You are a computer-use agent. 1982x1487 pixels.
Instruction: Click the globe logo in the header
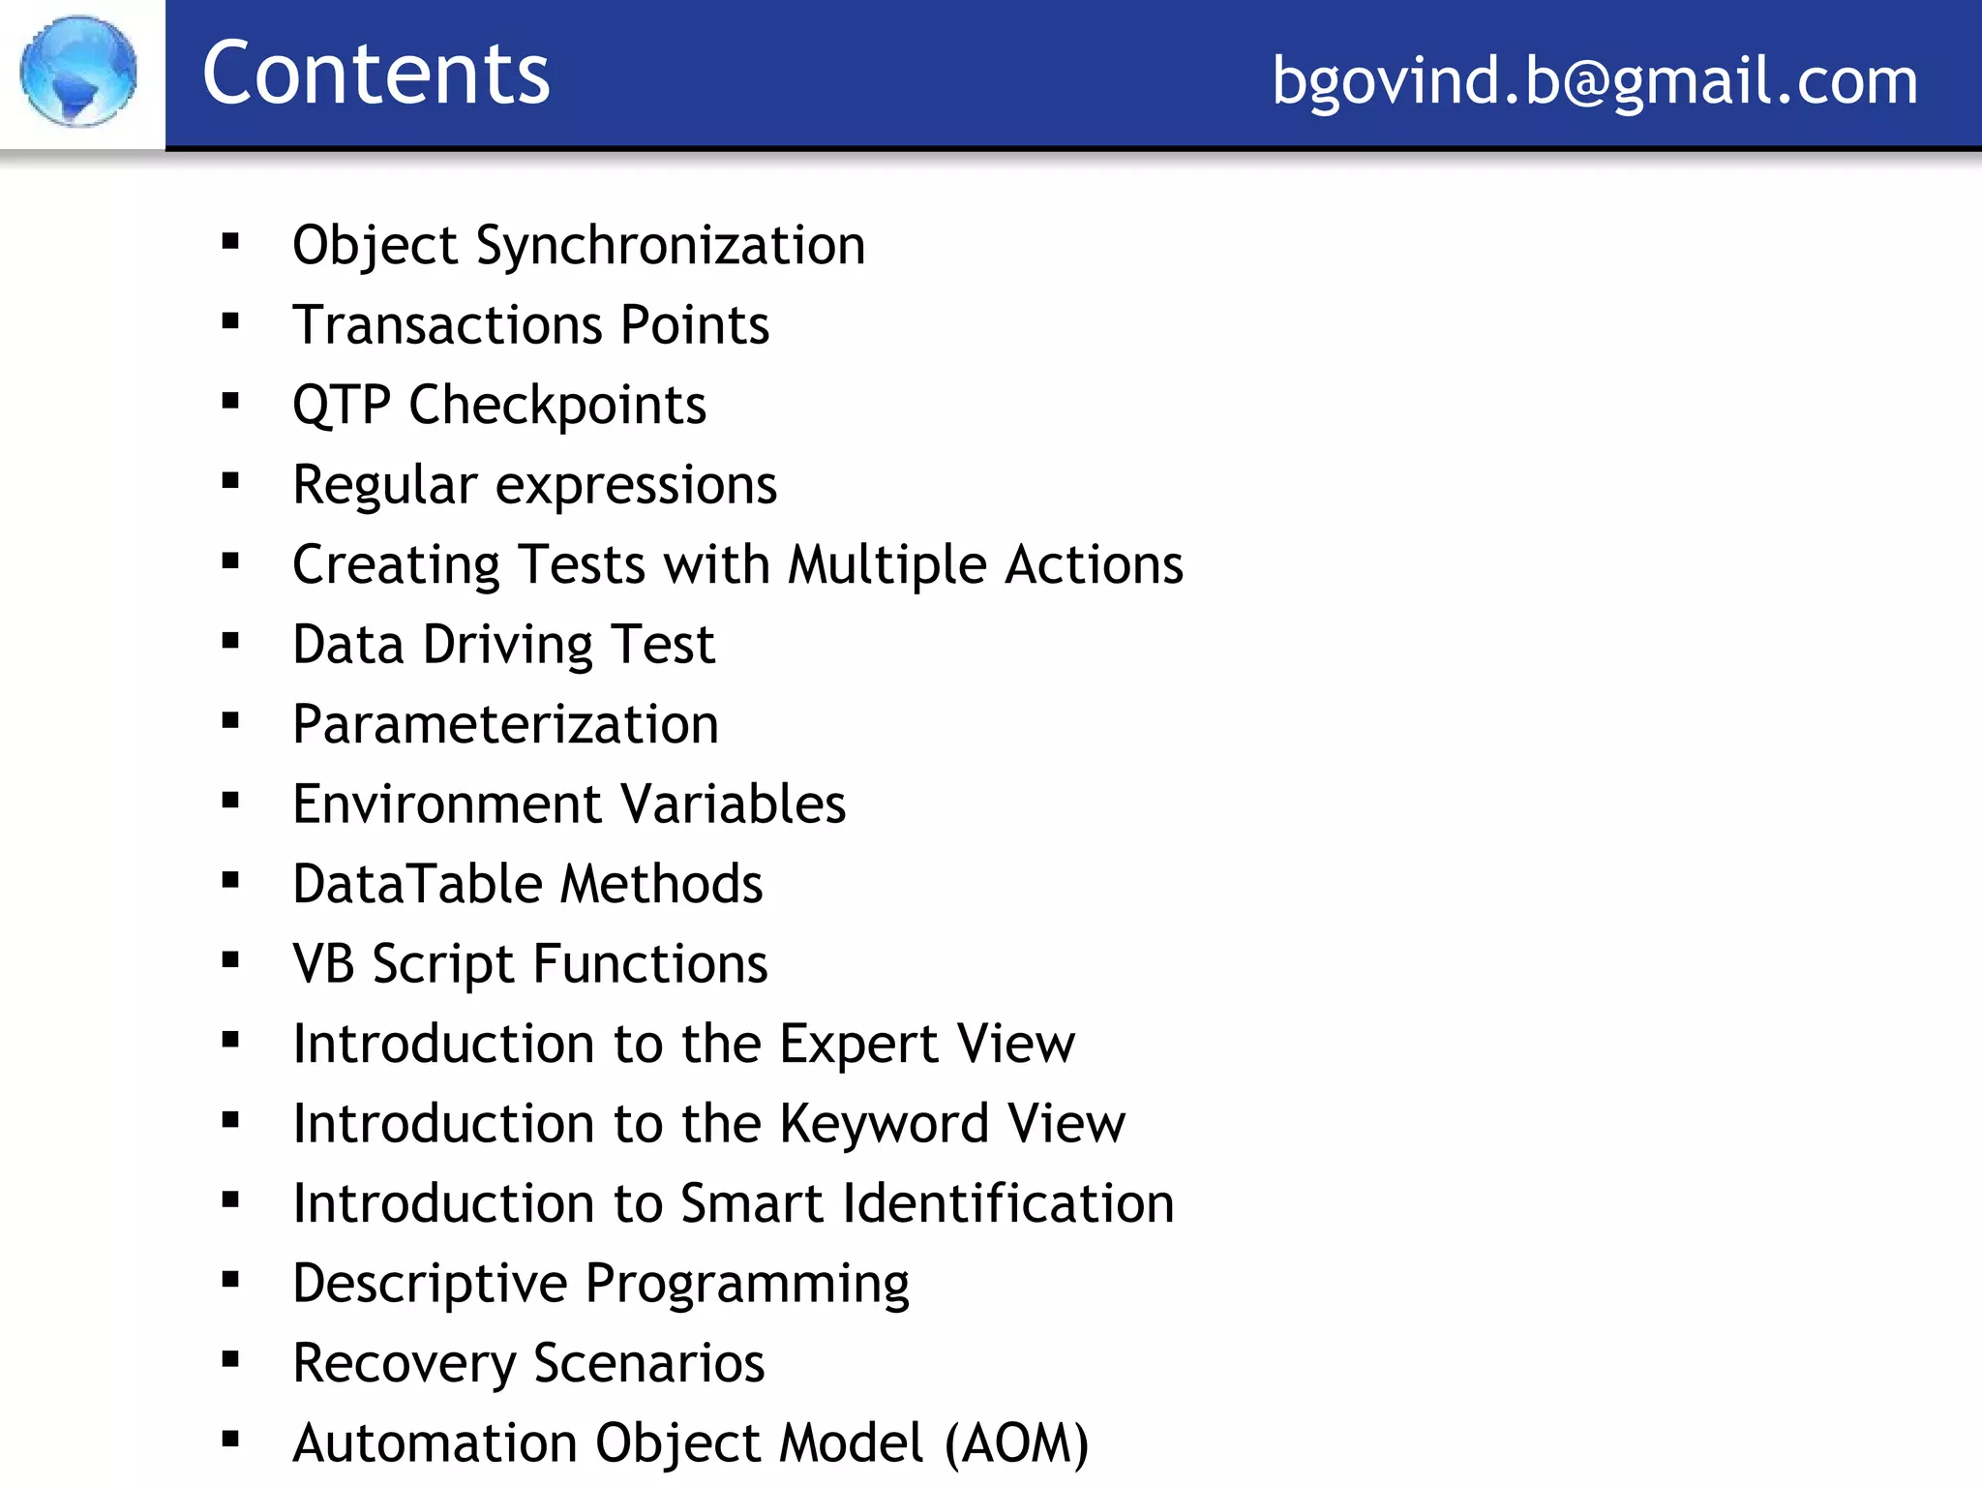[78, 71]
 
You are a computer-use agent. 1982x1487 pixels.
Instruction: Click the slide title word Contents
[375, 74]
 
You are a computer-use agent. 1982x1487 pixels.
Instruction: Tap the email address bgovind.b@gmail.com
[1594, 80]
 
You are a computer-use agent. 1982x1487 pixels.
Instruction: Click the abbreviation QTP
[341, 406]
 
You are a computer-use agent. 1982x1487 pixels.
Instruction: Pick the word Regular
[385, 486]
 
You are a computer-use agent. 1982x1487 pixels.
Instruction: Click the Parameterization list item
[505, 725]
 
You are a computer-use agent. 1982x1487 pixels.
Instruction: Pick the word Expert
[858, 1045]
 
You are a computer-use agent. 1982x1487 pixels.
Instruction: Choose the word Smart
[752, 1204]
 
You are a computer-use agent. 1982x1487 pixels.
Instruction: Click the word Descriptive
[430, 1285]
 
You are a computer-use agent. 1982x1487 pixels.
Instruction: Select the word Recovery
[404, 1364]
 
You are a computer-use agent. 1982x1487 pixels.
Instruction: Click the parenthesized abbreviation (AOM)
[1016, 1443]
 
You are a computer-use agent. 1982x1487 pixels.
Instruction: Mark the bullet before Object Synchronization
[230, 242]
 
